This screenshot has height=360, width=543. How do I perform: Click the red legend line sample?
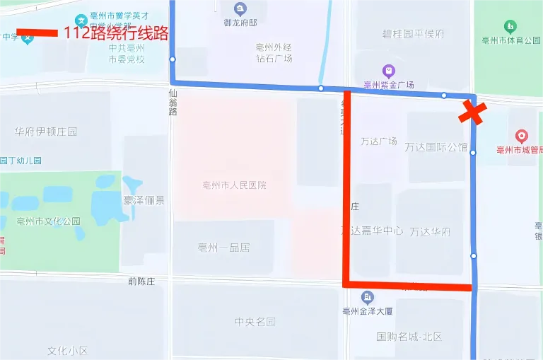coord(37,33)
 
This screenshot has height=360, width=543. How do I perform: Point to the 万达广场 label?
coord(378,141)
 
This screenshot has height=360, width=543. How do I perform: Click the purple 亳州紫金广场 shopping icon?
coord(388,71)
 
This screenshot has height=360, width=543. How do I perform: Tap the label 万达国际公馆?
coord(436,148)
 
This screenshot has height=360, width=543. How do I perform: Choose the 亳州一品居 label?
coord(224,248)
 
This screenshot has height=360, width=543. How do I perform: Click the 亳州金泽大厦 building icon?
coord(367,297)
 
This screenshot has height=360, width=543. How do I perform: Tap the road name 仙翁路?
coord(173,103)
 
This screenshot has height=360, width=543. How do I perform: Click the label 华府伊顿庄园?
coord(46,132)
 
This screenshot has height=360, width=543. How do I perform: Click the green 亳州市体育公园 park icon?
coord(510,27)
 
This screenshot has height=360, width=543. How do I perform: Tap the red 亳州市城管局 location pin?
coord(522,135)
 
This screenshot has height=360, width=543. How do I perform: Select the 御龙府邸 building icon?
coord(240,9)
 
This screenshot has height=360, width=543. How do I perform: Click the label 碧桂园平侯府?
coord(413,34)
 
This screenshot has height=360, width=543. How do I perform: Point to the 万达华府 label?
coord(430,231)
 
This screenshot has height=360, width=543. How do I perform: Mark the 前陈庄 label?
coord(141,281)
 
